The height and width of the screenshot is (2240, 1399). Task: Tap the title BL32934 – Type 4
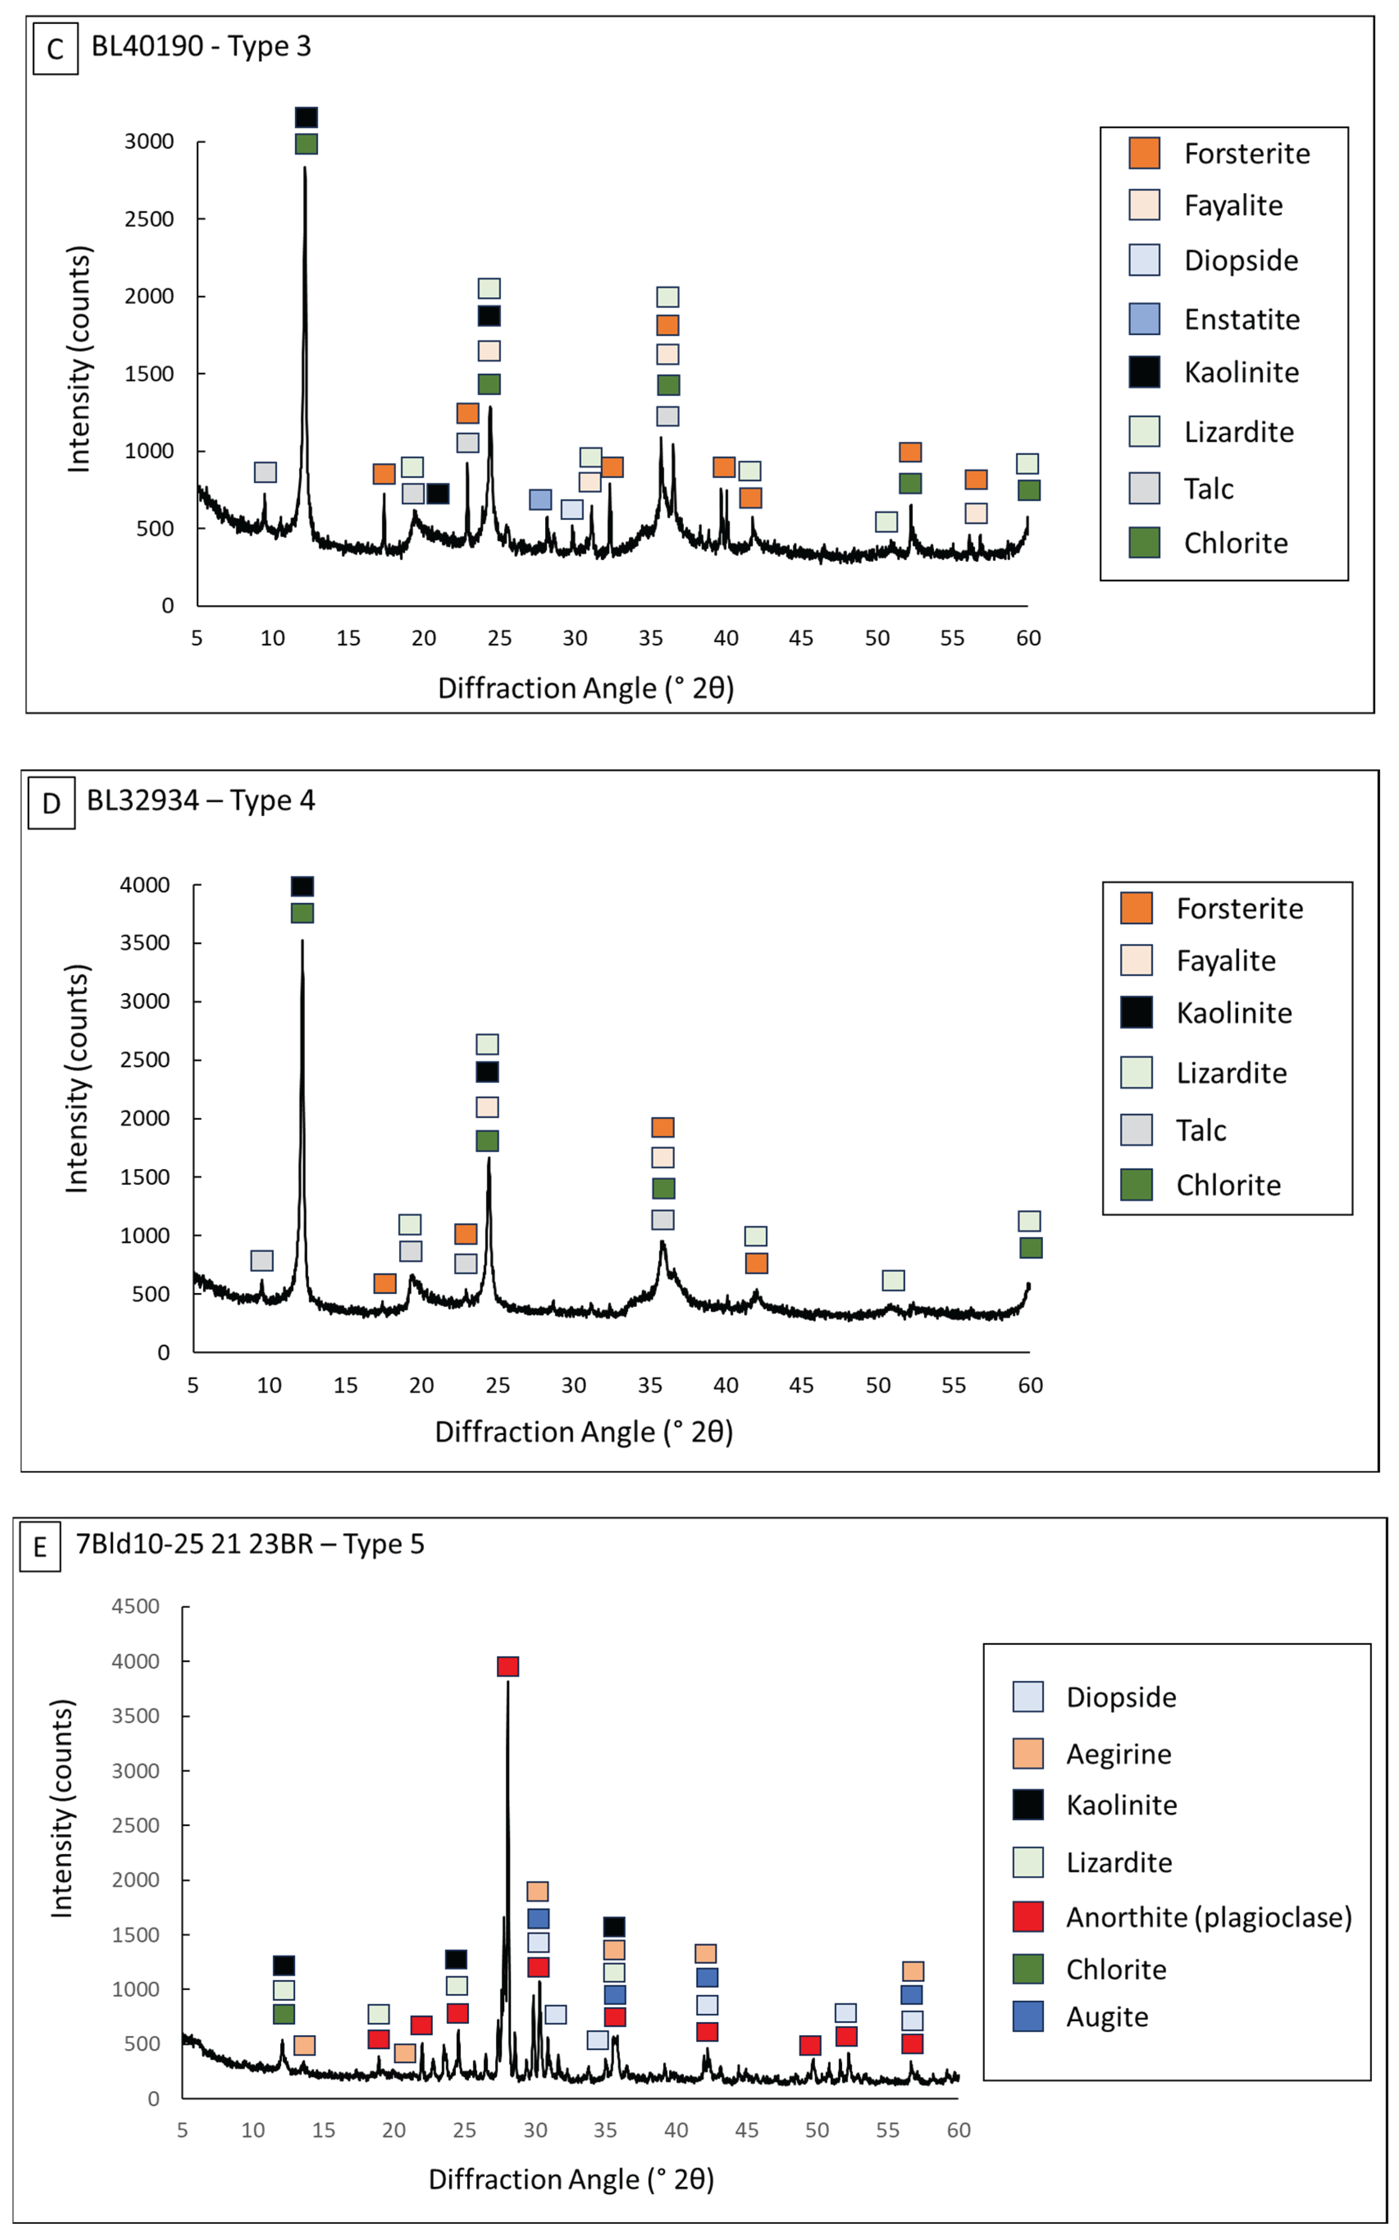pos(201,800)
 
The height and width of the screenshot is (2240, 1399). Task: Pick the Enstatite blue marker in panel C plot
pos(540,499)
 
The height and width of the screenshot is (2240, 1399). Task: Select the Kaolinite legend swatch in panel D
pos(1136,1012)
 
